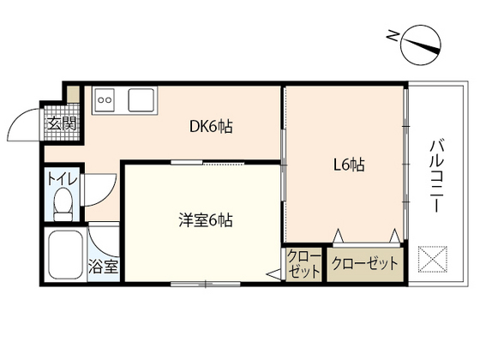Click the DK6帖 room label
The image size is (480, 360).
(x=211, y=127)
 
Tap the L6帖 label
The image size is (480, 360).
(x=349, y=165)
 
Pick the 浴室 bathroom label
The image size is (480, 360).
(x=104, y=266)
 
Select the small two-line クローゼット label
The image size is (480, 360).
(x=303, y=264)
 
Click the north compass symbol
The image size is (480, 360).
(x=421, y=44)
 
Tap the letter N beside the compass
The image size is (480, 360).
(x=391, y=36)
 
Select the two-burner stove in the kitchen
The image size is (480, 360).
(x=106, y=100)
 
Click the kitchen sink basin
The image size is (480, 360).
(x=141, y=99)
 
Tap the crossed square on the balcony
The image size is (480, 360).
(x=429, y=257)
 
